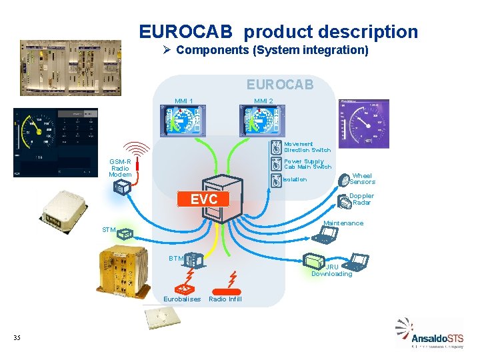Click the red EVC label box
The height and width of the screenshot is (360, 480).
[203, 199]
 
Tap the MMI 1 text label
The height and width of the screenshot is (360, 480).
[184, 101]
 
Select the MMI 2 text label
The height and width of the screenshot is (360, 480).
[263, 101]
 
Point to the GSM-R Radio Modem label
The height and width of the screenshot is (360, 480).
[120, 168]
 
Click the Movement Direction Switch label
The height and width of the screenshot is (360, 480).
[307, 147]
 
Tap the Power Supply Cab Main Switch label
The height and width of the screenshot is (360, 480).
[307, 163]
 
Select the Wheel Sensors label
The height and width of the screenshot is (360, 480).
[362, 179]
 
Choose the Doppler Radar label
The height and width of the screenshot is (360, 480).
[362, 199]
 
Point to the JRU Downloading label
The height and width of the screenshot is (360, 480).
[331, 270]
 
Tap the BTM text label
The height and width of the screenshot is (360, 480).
[175, 258]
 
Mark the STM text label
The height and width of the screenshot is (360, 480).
[109, 230]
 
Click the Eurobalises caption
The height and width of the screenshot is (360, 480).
[182, 299]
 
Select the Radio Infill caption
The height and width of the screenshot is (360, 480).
[225, 299]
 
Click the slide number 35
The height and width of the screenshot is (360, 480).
[17, 338]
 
